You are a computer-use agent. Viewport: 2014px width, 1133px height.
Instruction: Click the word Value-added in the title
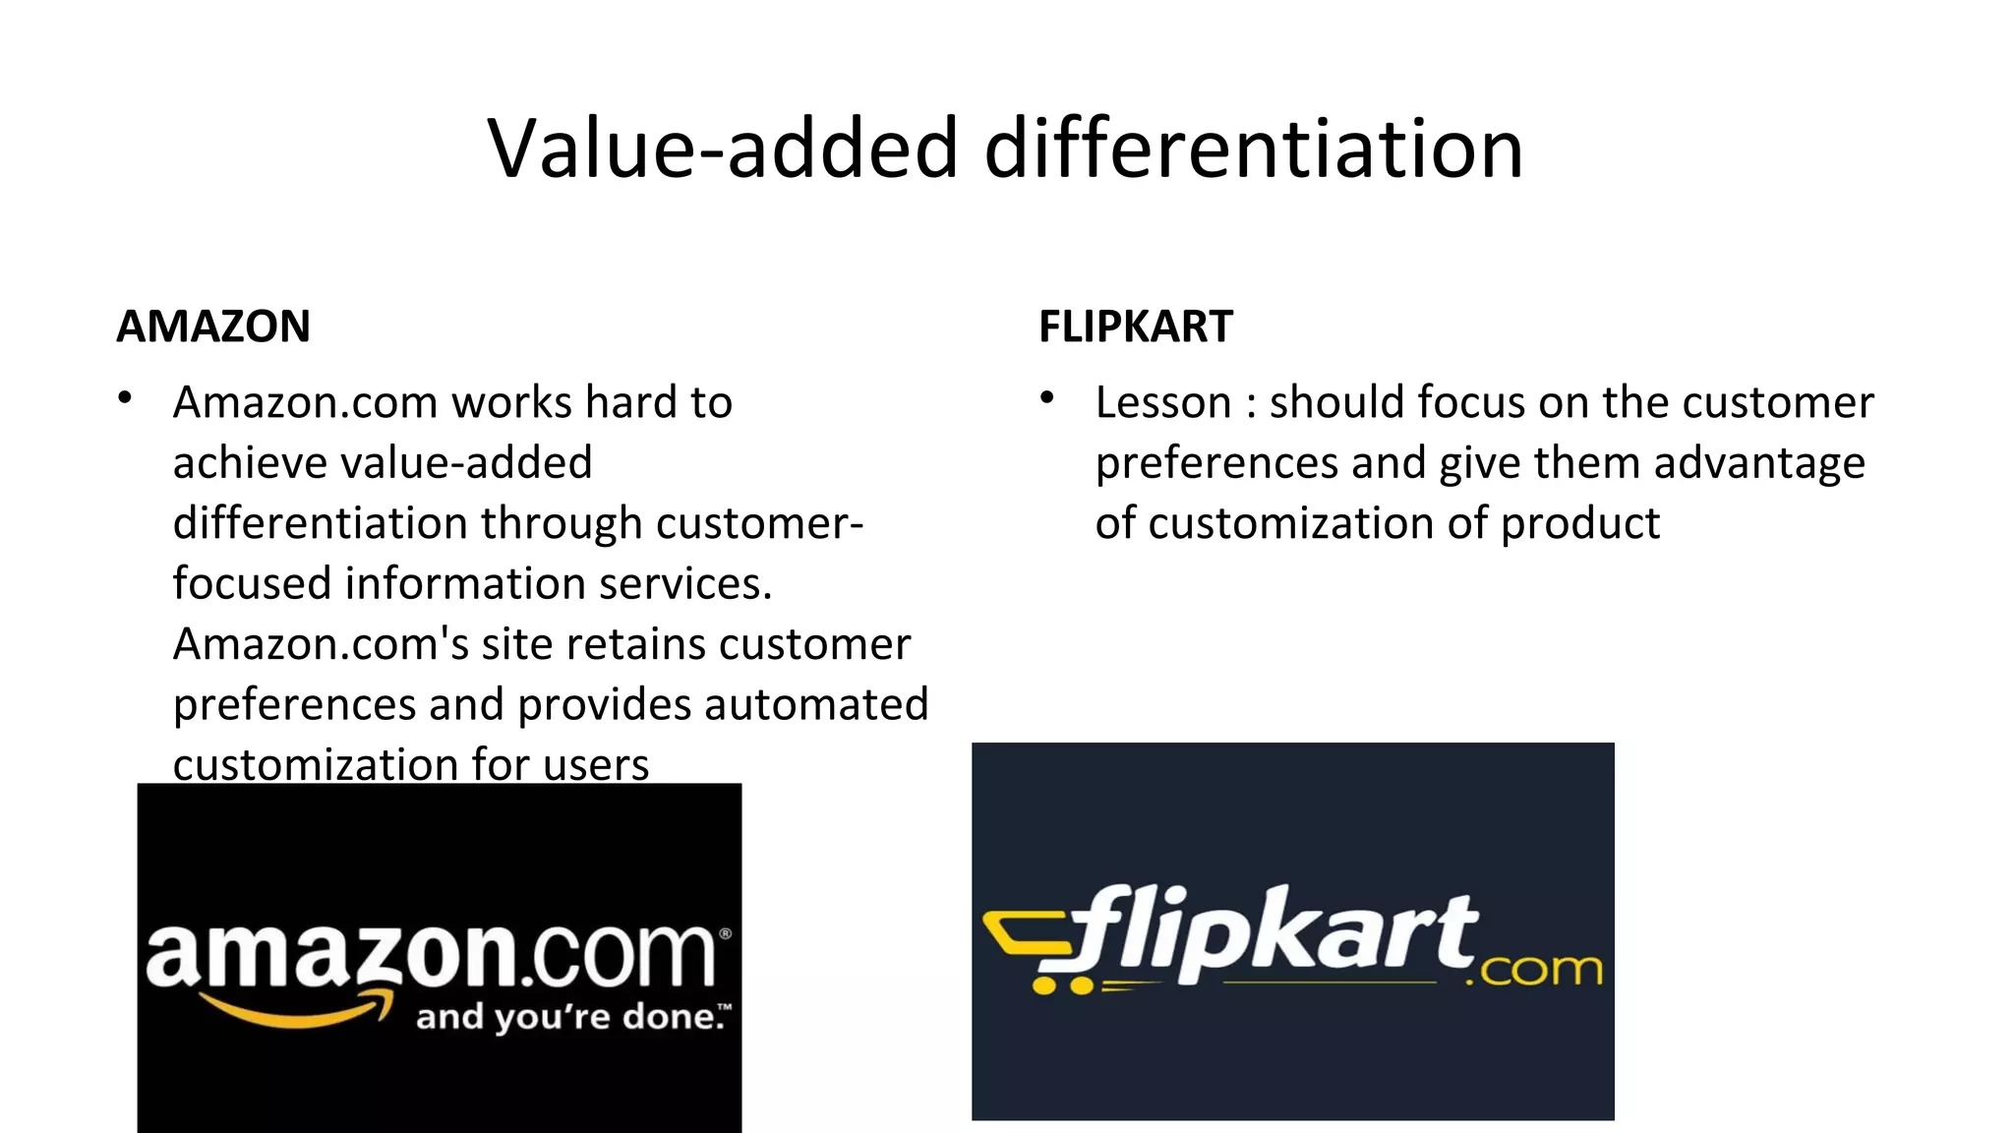point(723,149)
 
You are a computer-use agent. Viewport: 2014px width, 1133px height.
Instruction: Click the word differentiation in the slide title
point(1254,149)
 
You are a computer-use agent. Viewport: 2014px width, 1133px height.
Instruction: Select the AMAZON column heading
point(213,327)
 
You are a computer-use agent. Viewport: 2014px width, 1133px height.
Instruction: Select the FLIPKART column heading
point(1136,327)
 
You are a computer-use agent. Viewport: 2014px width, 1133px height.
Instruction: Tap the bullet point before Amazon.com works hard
point(125,398)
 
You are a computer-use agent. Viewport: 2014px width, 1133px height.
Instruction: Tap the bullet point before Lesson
point(1047,398)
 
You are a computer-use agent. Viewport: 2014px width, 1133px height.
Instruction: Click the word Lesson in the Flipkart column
point(1163,403)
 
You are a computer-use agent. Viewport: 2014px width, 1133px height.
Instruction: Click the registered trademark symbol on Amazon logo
point(726,933)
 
